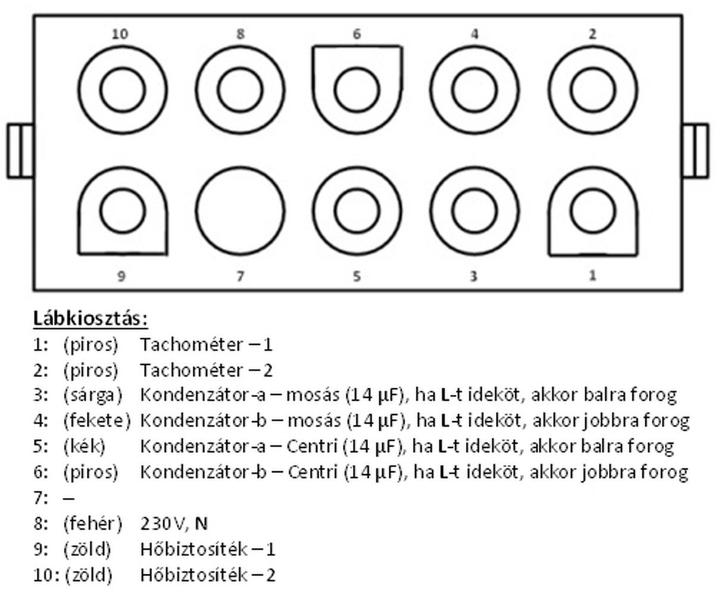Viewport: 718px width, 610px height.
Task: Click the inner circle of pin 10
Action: tap(123, 91)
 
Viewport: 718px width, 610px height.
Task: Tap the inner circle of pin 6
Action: tap(357, 91)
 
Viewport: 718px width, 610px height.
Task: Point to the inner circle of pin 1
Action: tap(592, 211)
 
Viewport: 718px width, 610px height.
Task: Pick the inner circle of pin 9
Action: tap(123, 211)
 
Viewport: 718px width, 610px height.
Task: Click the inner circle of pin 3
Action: tap(474, 211)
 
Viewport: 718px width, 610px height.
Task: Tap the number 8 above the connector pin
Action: tap(240, 34)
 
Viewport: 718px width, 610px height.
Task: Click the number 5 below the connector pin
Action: tap(357, 276)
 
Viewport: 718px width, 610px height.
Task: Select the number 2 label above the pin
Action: tap(592, 34)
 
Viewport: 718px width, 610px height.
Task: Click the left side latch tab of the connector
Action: tap(20, 151)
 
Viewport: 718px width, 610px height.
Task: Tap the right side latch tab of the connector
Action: tap(695, 151)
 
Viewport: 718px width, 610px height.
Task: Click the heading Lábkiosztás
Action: tap(90, 318)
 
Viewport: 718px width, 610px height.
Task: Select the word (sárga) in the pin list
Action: tap(92, 395)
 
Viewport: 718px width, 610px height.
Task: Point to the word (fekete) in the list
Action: tap(96, 421)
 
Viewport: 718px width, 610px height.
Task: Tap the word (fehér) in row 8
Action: tap(92, 524)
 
